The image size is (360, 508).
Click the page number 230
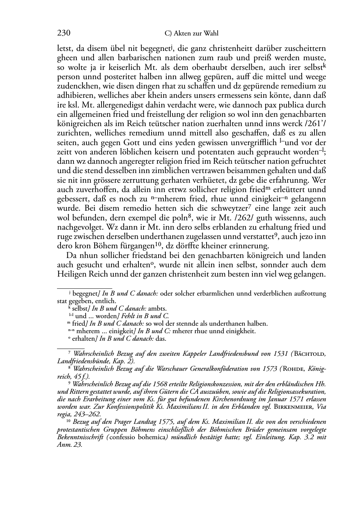[x=63, y=33]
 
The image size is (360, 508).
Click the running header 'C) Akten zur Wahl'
[x=191, y=34]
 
